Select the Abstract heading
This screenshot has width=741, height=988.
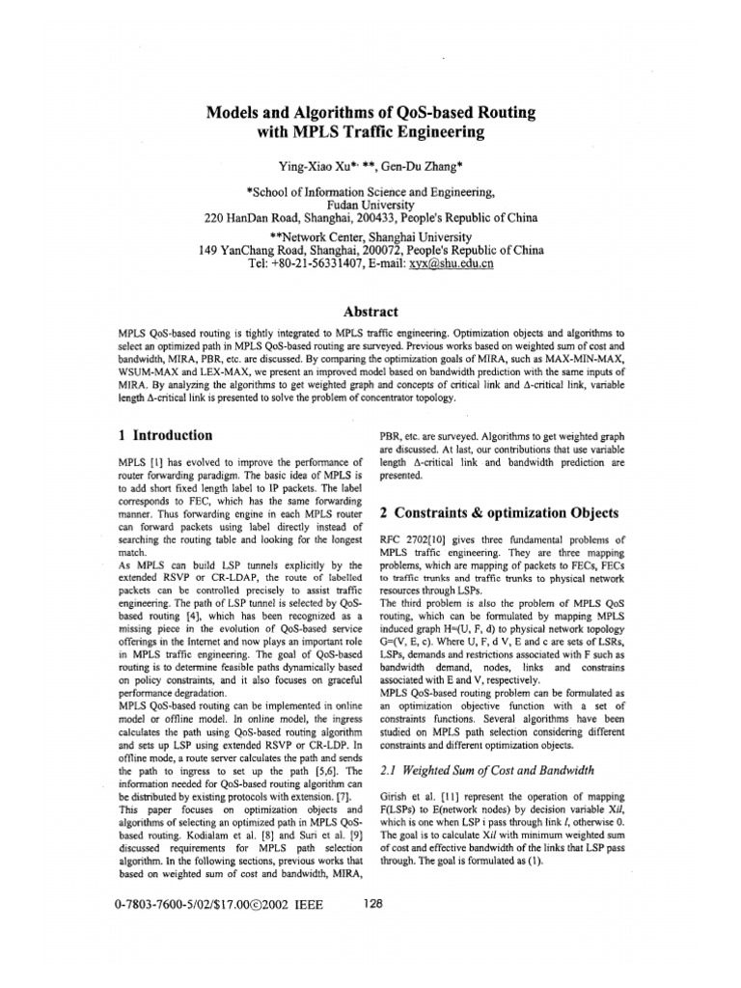pos(370,312)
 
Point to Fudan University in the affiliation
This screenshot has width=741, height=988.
pos(370,206)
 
